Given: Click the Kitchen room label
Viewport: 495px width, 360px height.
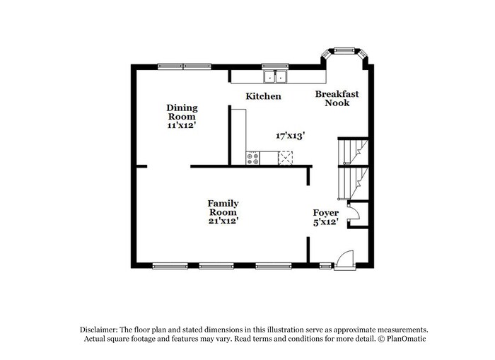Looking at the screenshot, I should [x=263, y=96].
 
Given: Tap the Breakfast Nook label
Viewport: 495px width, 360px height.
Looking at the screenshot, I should [x=337, y=98].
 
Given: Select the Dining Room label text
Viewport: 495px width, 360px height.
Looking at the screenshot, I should [x=182, y=112].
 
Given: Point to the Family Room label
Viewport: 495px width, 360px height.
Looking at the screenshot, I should [x=223, y=208].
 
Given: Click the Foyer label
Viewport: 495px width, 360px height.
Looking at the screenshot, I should [x=326, y=213].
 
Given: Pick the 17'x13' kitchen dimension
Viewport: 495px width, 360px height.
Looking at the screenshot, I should [x=290, y=135].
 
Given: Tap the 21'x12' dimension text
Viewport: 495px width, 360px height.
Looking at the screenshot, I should [x=223, y=221].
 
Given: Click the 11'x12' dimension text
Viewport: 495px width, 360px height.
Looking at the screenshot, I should [x=182, y=125].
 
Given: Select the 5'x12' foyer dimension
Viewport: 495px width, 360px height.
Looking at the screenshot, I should [x=326, y=222].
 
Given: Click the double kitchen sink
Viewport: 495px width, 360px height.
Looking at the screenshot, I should [x=275, y=76].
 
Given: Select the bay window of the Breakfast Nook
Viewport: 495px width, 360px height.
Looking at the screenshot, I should [x=344, y=51].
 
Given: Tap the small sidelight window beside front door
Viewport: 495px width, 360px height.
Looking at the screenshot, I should [x=325, y=266].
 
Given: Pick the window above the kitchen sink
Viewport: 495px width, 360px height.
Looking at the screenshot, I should [x=275, y=66].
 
